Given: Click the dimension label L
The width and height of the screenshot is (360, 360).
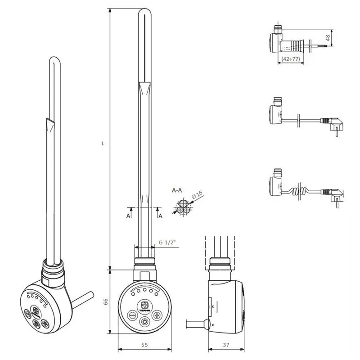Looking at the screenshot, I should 103,144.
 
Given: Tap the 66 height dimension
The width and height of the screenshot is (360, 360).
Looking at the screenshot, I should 105,302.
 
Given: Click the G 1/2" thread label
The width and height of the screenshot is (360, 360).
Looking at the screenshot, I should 166,242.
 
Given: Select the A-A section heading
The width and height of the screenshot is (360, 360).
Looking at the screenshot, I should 177,190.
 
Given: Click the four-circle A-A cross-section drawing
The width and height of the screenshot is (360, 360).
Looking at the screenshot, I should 184,208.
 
